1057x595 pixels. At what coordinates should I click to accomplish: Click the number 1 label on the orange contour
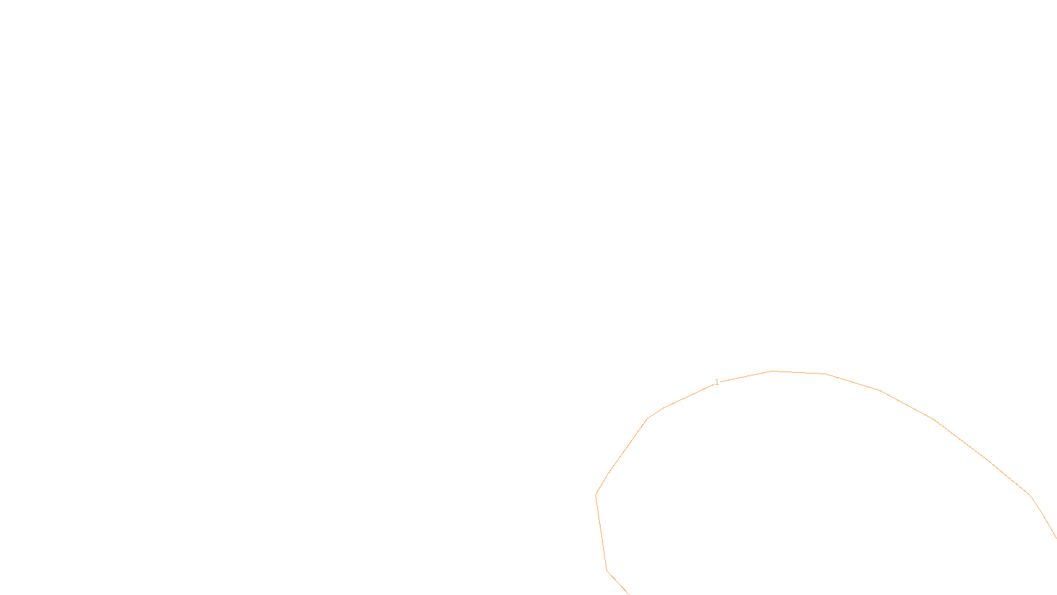(717, 382)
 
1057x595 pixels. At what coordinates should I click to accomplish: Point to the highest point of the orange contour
(772, 372)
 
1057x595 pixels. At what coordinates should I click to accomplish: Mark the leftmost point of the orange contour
(596, 495)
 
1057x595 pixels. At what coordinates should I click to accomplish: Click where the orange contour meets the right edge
(1056, 537)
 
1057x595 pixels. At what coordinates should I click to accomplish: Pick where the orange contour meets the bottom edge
(628, 594)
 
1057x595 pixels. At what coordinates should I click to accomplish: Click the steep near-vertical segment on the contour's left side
(601, 532)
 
